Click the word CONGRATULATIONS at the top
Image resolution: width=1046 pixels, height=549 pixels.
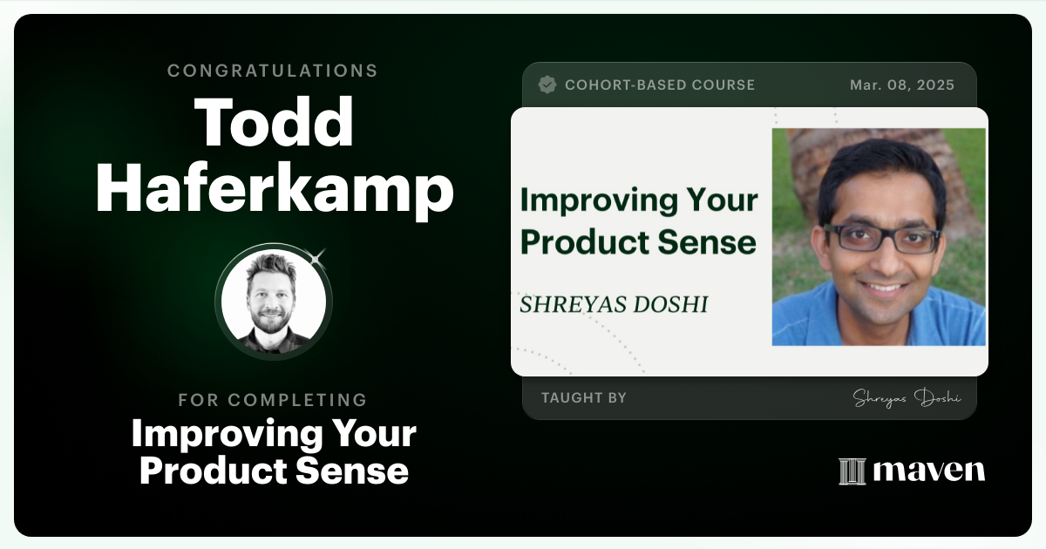coord(273,71)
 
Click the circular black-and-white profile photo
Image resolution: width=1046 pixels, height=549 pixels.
coord(274,301)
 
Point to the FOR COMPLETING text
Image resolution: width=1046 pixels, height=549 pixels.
coord(273,400)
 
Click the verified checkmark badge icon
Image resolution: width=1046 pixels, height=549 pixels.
coord(547,85)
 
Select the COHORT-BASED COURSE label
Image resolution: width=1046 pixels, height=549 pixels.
coord(660,85)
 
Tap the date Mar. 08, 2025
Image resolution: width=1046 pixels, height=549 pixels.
coord(902,85)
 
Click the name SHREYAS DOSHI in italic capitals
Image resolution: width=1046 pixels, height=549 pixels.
coord(614,304)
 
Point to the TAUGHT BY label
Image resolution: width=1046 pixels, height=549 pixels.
coord(584,398)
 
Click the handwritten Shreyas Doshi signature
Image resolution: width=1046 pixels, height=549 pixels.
coord(907,398)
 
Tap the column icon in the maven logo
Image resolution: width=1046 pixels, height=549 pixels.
coord(852,471)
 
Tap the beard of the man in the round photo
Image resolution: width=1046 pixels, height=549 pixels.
coord(272,324)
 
